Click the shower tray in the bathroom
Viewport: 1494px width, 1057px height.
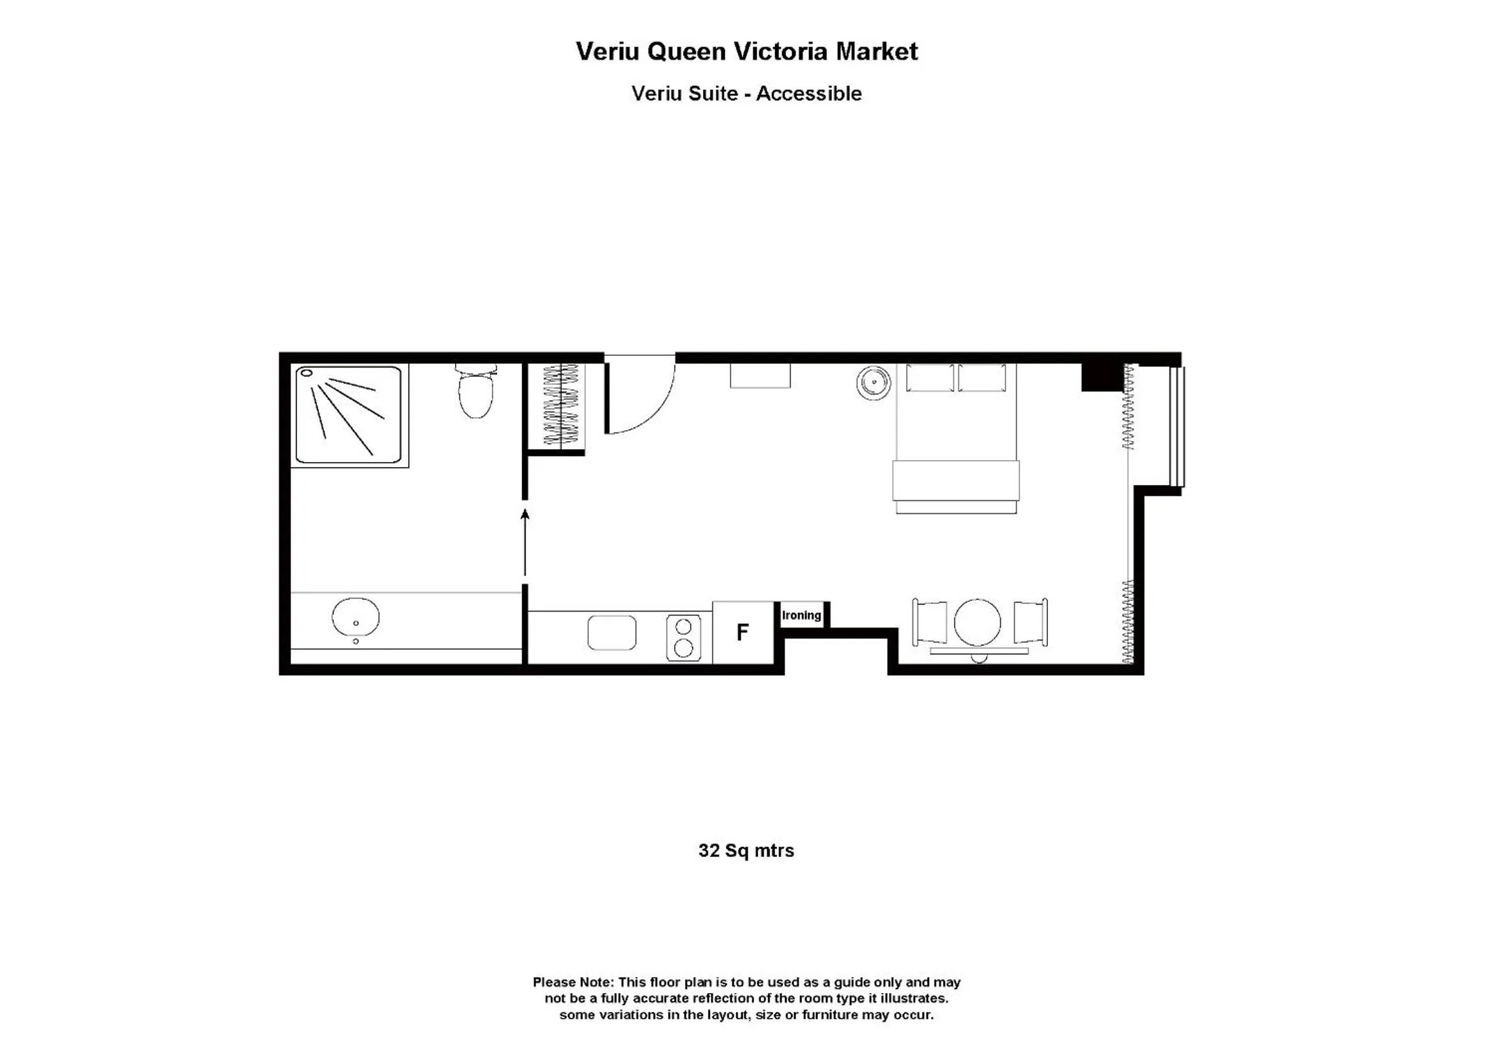point(349,415)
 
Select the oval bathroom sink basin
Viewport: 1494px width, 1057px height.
point(355,617)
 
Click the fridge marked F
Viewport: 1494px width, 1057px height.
point(743,632)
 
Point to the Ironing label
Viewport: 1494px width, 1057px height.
point(801,615)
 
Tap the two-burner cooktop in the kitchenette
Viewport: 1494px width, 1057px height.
point(683,638)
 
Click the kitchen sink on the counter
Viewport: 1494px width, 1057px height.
point(612,633)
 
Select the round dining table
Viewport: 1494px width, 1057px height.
point(977,623)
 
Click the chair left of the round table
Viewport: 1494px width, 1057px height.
point(930,623)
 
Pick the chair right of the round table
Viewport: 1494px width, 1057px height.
point(1030,623)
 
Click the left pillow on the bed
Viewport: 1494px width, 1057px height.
point(930,378)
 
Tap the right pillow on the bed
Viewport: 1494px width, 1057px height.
point(982,378)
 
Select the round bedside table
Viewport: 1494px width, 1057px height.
point(874,383)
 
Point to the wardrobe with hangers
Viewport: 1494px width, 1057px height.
point(560,406)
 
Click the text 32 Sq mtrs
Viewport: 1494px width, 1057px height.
point(746,851)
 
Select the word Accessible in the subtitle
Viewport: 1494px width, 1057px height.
point(809,94)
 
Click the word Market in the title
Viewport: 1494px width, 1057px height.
point(877,51)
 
